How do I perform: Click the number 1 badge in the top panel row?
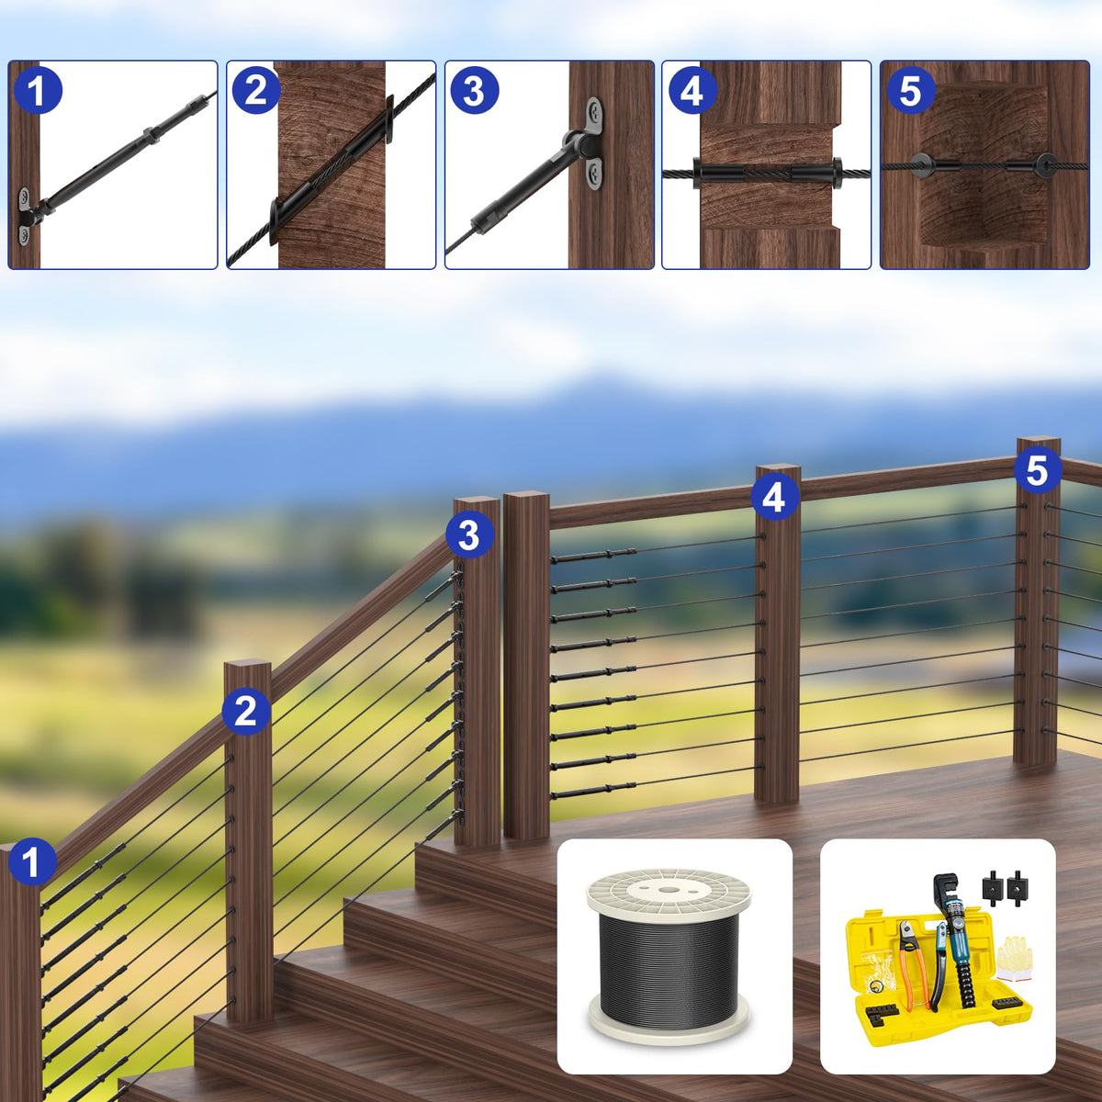tap(38, 90)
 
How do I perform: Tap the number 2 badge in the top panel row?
tap(255, 90)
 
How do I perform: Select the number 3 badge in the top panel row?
tap(474, 90)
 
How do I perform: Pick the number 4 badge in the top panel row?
tap(692, 90)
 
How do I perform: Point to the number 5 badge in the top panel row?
tap(911, 90)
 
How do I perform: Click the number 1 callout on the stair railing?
tap(32, 861)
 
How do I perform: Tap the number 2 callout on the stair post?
tap(246, 711)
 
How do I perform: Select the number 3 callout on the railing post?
tap(469, 535)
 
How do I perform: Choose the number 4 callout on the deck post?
tap(775, 497)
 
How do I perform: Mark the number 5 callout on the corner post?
tap(1038, 471)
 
